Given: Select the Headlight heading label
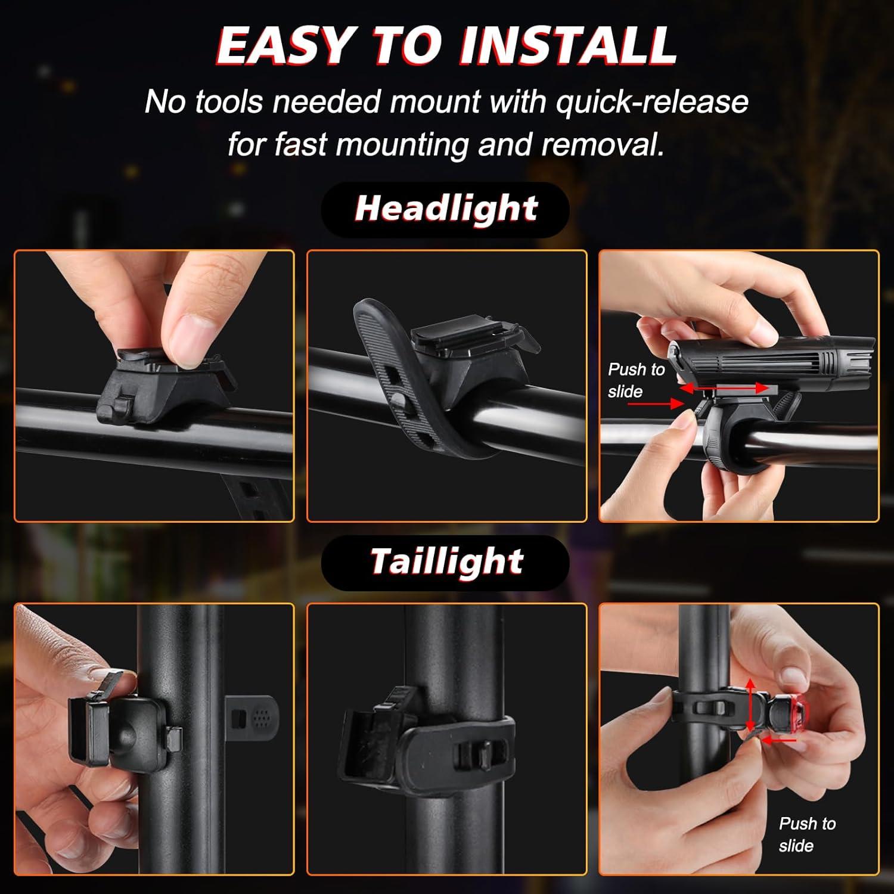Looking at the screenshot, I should point(446,209).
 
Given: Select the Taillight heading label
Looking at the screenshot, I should point(446,561).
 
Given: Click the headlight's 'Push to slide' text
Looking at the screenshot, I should point(635,380).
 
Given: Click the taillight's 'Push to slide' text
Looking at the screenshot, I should point(806,834).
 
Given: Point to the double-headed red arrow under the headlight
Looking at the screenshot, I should point(724,389).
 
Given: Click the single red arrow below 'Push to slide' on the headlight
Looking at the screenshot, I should point(668,404).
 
